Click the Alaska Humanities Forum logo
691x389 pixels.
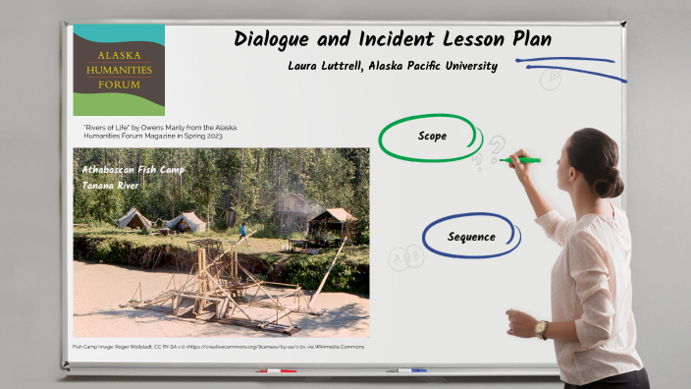(x=119, y=70)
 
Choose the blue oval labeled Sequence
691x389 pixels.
(x=471, y=237)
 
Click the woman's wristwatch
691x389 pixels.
(x=541, y=327)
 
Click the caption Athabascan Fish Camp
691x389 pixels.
(x=133, y=169)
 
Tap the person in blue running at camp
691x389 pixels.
(x=242, y=232)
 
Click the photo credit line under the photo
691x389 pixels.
(x=217, y=347)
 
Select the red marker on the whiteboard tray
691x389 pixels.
(x=276, y=371)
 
